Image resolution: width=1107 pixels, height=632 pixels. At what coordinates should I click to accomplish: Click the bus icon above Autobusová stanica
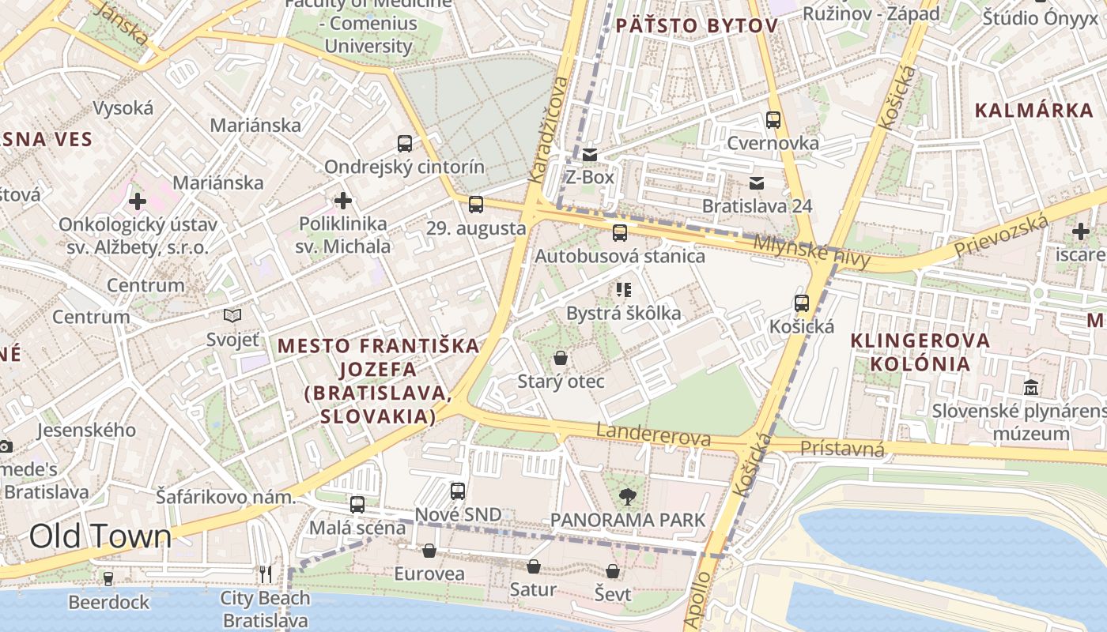[x=620, y=233]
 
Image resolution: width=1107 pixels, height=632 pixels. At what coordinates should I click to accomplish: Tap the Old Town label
[x=100, y=536]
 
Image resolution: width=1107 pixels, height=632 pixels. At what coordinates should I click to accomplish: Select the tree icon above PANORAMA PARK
[x=627, y=497]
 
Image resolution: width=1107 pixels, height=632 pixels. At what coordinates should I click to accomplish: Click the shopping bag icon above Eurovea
[x=429, y=551]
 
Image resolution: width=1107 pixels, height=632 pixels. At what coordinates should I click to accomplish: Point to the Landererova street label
[x=653, y=434]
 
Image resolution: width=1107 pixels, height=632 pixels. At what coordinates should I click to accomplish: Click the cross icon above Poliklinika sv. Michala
[x=342, y=201]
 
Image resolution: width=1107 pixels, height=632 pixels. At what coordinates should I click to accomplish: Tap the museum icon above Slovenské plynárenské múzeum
[x=1031, y=388]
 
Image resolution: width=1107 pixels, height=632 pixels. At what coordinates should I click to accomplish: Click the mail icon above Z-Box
[x=590, y=154]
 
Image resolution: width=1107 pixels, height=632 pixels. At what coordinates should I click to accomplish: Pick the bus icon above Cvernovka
[x=773, y=120]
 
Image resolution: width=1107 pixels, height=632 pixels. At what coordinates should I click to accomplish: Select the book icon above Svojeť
[x=232, y=316]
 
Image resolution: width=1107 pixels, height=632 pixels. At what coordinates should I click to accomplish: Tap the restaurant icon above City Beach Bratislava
[x=266, y=574]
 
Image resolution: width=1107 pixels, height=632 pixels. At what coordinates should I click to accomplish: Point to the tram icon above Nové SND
[x=458, y=491]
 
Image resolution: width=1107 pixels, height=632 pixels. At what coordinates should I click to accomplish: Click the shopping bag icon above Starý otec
[x=561, y=359]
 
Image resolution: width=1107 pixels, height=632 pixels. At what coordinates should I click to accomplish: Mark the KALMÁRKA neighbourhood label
[x=1033, y=111]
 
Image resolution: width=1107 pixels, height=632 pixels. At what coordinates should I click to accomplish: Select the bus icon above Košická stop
[x=802, y=303]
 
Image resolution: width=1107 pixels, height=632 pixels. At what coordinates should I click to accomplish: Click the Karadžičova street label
[x=549, y=130]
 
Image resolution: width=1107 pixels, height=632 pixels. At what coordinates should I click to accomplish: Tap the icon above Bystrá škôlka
[x=624, y=290]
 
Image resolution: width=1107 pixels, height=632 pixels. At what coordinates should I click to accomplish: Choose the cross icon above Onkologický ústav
[x=138, y=201]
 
